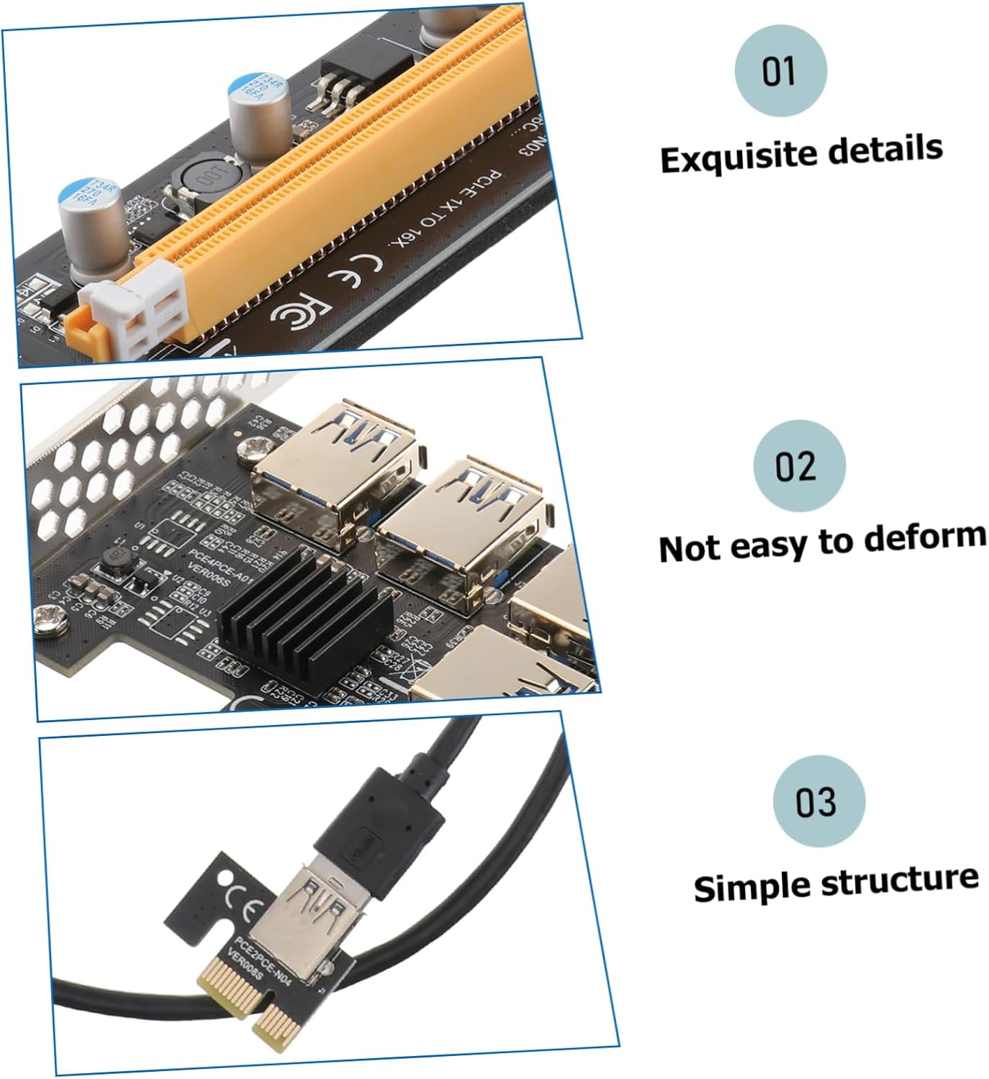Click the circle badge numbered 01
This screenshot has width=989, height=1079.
(x=780, y=70)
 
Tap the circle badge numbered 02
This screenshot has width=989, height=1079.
(x=799, y=465)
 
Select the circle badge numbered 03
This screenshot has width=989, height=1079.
(x=818, y=801)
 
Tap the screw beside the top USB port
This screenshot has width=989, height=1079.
(x=256, y=446)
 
